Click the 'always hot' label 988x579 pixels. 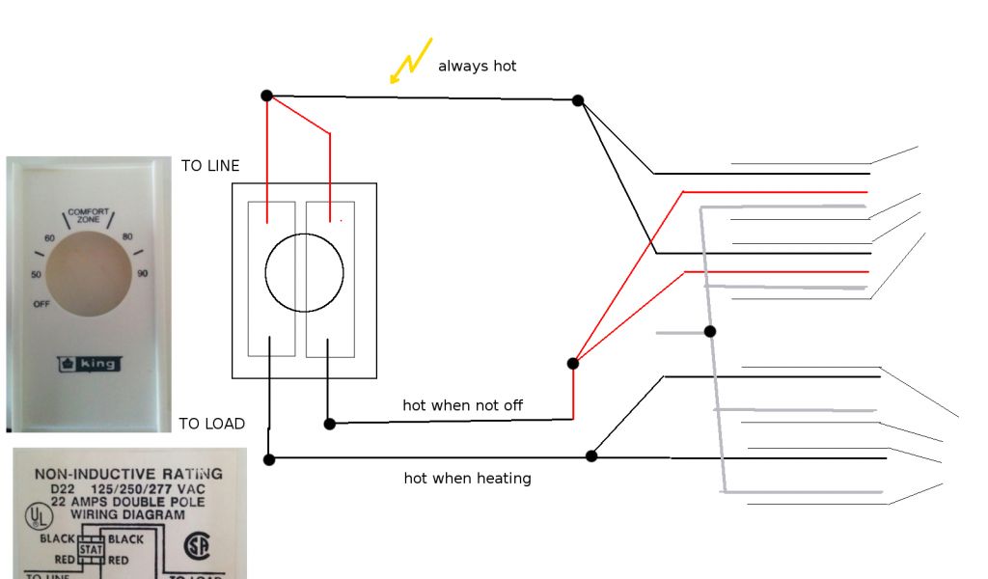point(477,66)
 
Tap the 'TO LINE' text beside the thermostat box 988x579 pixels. point(210,166)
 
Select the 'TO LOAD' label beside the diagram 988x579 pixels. point(211,424)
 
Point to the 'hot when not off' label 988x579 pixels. point(462,405)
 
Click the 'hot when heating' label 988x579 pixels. point(467,478)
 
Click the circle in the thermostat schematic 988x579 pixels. point(304,271)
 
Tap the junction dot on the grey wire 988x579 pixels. point(710,332)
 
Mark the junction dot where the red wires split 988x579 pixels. point(573,364)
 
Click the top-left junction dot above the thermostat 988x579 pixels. point(266,96)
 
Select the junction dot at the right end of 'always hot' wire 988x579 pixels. point(578,100)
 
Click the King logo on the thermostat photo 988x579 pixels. point(88,364)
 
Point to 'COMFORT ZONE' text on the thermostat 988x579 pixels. point(88,215)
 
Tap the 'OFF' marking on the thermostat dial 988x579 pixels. point(41,304)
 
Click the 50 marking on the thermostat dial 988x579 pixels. point(37,275)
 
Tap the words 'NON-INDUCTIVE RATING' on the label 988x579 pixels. point(128,474)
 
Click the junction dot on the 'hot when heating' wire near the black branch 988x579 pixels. point(592,455)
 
